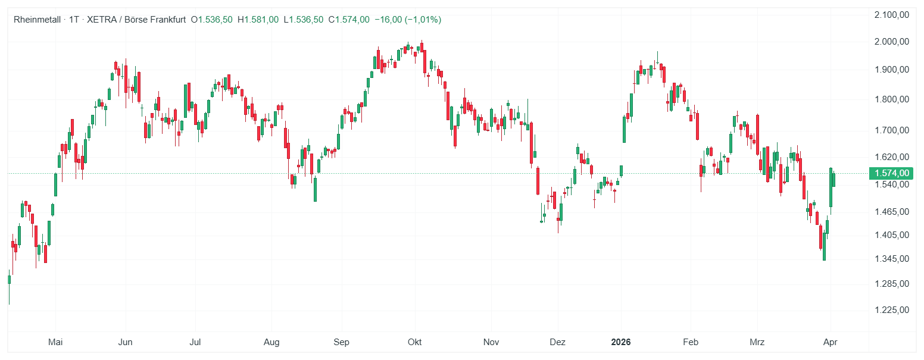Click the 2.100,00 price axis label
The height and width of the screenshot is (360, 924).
pos(892,15)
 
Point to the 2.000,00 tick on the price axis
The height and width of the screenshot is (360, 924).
pos(892,42)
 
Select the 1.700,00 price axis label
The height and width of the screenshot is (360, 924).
pos(892,130)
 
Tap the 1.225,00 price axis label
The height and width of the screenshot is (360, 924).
pos(892,310)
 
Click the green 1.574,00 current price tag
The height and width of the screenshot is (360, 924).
pos(891,173)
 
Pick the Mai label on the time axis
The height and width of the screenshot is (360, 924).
pos(55,342)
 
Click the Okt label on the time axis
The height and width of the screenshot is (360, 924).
pos(414,342)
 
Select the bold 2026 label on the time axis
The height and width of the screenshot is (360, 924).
pos(621,342)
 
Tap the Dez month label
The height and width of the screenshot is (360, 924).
pos(558,342)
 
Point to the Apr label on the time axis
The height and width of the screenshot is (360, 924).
pos(831,342)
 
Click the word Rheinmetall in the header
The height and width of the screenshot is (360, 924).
pos(38,20)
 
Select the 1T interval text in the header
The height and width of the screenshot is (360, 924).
pos(74,20)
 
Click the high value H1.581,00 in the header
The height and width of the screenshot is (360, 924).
pos(258,20)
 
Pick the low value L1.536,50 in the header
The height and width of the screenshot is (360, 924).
pos(303,20)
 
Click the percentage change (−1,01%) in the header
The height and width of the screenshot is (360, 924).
pos(423,20)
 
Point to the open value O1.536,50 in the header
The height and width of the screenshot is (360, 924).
pos(211,20)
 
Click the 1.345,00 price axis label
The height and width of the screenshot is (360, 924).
pos(892,259)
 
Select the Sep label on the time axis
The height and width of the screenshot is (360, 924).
pos(341,342)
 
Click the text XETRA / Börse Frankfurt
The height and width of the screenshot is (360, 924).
pos(136,20)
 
